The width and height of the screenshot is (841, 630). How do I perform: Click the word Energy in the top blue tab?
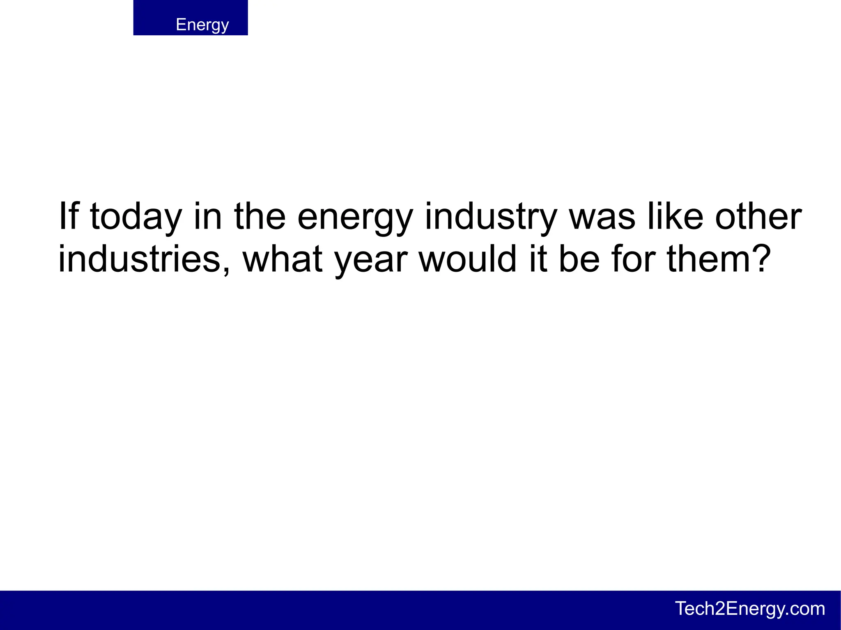[x=202, y=25]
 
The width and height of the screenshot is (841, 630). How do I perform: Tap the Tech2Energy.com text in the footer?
[x=750, y=608]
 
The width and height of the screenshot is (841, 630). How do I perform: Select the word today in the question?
[x=136, y=217]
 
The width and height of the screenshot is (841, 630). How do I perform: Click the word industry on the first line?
[x=491, y=217]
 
